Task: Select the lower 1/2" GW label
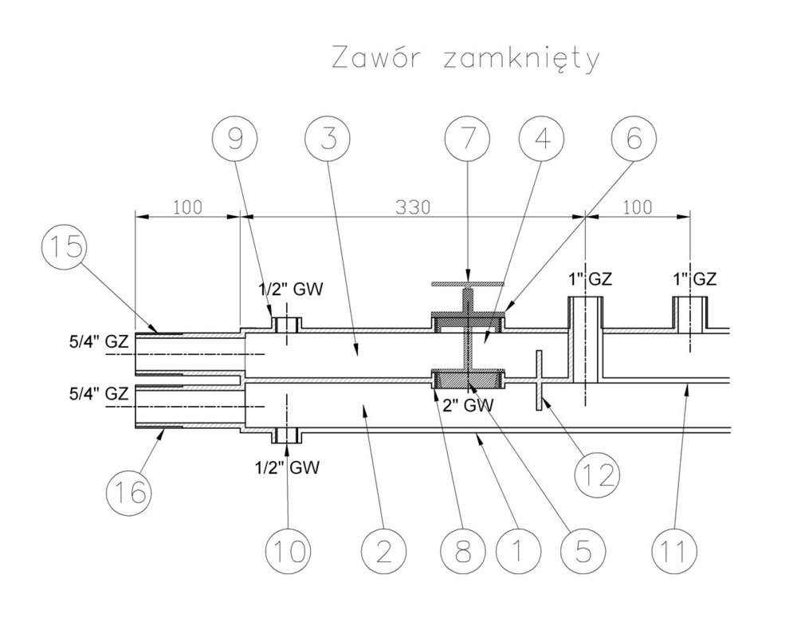pyautogui.click(x=288, y=468)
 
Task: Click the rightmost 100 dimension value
pyautogui.click(x=638, y=207)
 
